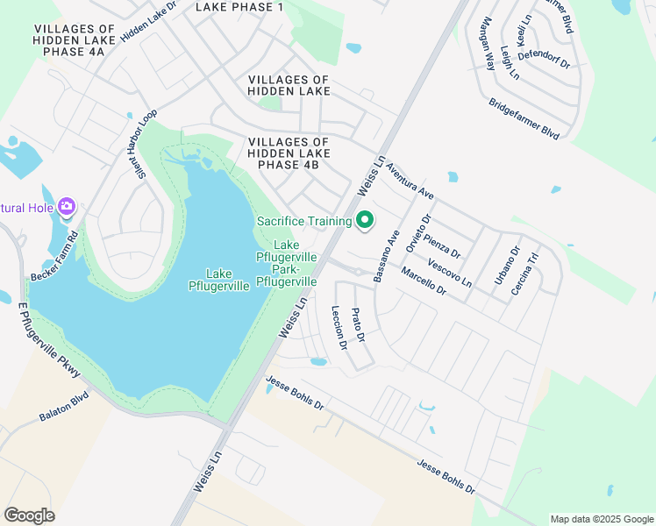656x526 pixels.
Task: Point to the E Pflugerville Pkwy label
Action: pos(49,343)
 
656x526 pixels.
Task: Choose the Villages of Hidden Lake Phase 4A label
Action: pos(69,40)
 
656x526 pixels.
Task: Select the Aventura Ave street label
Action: pos(410,180)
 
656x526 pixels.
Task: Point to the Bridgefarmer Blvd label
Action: pos(524,118)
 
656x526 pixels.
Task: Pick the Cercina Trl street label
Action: pos(529,271)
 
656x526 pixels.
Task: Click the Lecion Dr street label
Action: pos(339,327)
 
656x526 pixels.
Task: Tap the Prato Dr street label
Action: pos(357,325)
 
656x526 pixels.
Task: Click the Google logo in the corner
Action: pos(29,515)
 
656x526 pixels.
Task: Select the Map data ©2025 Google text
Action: pos(601,519)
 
